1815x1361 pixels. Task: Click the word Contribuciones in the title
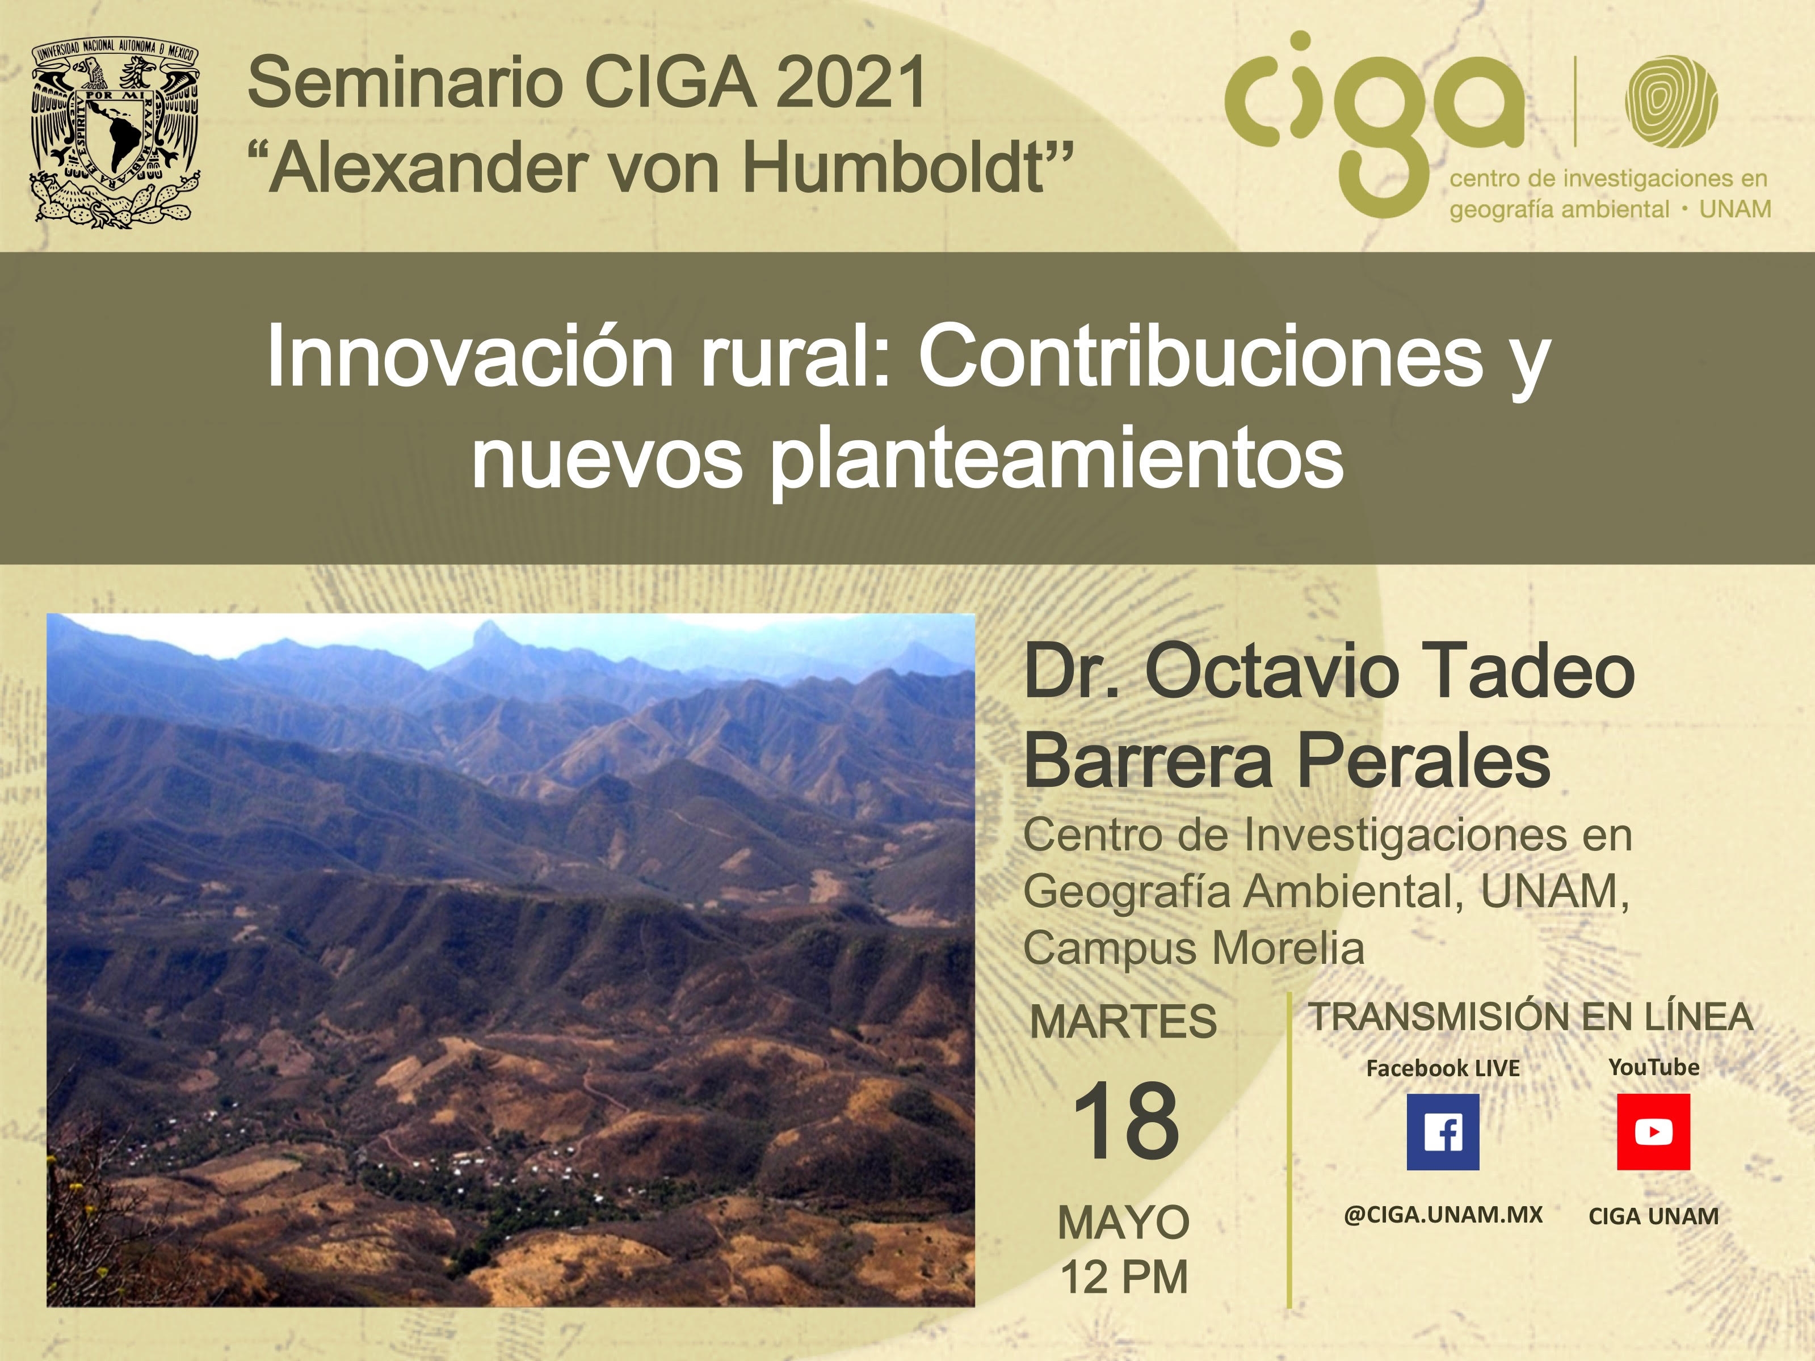(1200, 357)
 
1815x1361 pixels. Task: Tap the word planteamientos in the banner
(1056, 460)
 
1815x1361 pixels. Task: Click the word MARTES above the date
(1123, 1022)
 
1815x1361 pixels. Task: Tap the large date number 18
(1125, 1122)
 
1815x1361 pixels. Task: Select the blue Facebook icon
(1443, 1132)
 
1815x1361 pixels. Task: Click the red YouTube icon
(1653, 1132)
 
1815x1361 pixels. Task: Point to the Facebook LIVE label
(1443, 1068)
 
